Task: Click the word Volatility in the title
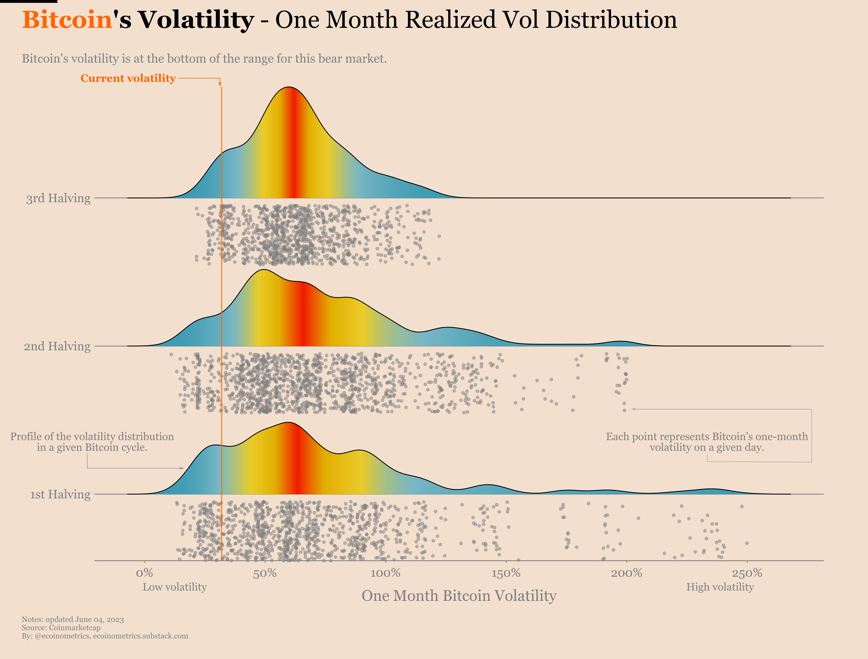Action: (196, 20)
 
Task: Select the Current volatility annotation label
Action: (128, 79)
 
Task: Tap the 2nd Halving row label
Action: (57, 346)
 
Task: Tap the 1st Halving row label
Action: (60, 494)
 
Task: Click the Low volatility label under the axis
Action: (175, 587)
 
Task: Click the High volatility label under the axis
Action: (720, 587)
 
